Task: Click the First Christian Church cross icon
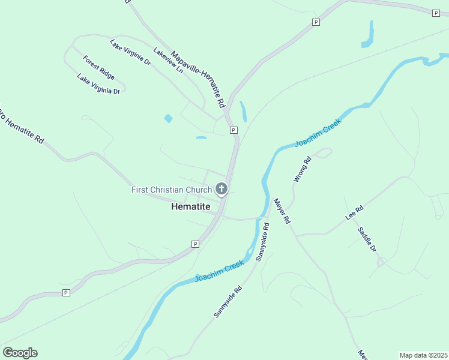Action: [x=221, y=190]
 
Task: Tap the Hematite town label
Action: [x=191, y=206]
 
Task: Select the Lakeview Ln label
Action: [x=168, y=61]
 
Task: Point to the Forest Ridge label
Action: [x=99, y=68]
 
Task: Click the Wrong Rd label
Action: [x=303, y=169]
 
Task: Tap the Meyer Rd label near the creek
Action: [x=282, y=211]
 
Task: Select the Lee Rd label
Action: [x=355, y=214]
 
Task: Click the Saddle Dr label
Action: [x=367, y=239]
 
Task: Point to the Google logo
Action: [x=20, y=353]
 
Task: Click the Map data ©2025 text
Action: [x=423, y=355]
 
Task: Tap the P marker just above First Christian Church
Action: [x=234, y=130]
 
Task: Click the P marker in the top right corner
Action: [x=436, y=13]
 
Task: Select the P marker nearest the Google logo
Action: [x=66, y=293]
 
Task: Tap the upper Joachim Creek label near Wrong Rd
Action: [x=318, y=133]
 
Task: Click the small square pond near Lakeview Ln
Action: [x=168, y=118]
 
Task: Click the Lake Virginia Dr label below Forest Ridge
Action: [x=98, y=84]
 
